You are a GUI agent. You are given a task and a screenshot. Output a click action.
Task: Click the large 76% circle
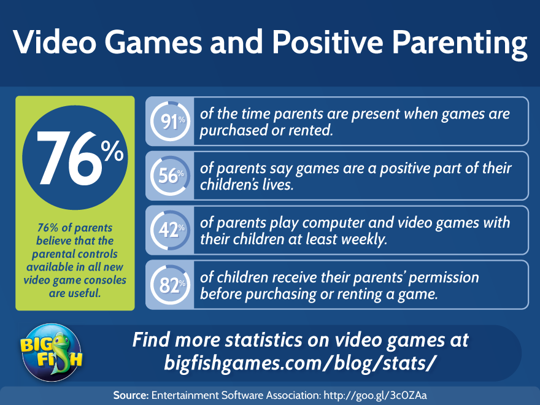(x=75, y=157)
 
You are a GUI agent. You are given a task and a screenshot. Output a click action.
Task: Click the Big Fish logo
(x=52, y=352)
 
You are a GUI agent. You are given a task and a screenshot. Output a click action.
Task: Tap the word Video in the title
(x=55, y=42)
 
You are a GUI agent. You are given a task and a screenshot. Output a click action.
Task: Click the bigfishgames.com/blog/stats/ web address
(x=300, y=363)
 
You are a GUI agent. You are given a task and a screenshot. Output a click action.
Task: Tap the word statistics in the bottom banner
(x=264, y=339)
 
